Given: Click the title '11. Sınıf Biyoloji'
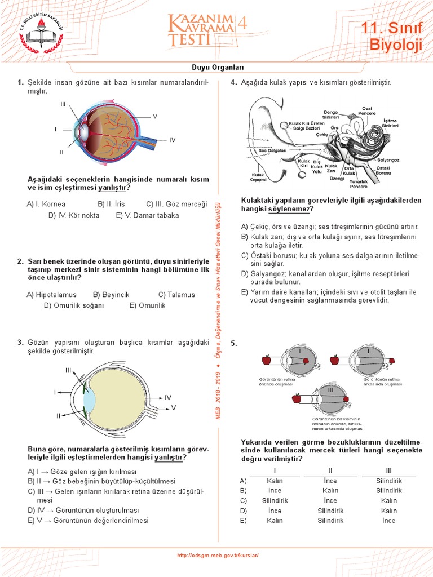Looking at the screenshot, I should [x=391, y=36].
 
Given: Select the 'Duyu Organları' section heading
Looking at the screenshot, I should [x=216, y=67].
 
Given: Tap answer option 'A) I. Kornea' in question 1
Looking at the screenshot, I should [x=46, y=204].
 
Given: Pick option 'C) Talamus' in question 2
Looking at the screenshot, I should [x=176, y=295].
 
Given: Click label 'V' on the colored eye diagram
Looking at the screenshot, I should [x=154, y=116].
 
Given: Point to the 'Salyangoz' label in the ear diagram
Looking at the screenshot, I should [x=388, y=160].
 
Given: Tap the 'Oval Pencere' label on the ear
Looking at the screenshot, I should [x=368, y=110].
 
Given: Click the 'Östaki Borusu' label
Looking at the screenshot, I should [x=383, y=171].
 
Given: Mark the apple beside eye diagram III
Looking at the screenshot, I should [x=296, y=399].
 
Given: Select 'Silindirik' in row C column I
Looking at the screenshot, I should [x=275, y=501].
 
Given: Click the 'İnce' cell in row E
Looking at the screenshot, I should [x=388, y=521].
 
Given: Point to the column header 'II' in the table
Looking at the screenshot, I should [x=330, y=471].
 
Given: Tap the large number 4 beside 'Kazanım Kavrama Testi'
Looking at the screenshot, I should [x=242, y=23].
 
